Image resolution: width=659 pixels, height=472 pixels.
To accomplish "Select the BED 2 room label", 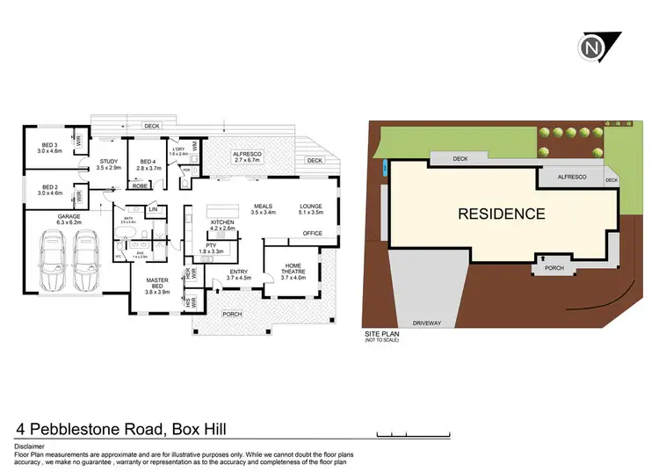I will (x=50, y=188).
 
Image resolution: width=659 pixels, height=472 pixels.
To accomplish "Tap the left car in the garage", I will (x=51, y=265).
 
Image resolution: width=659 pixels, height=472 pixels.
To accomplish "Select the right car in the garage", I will (x=86, y=265).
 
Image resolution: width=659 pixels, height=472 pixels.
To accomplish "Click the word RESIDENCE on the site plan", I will (x=500, y=214).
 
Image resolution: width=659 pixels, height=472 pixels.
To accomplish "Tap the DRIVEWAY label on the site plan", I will (x=428, y=323).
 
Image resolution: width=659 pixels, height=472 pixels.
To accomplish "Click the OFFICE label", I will (x=312, y=234).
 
